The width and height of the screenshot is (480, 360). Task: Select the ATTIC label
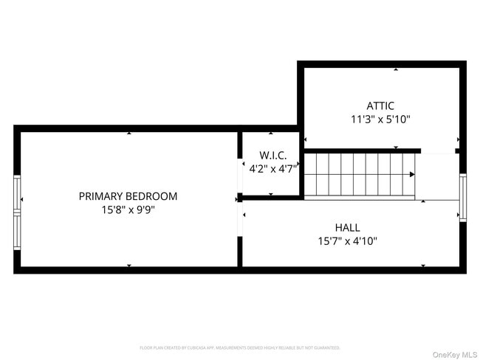(x=380, y=105)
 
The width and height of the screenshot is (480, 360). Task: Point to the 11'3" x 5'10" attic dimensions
(x=380, y=119)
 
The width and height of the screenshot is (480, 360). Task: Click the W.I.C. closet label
(x=272, y=155)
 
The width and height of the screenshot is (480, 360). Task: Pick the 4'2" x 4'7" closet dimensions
(x=272, y=168)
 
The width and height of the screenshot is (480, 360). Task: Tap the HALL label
(x=347, y=227)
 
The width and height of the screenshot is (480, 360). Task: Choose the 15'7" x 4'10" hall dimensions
(x=347, y=240)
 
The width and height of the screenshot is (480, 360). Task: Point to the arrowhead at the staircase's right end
(x=411, y=175)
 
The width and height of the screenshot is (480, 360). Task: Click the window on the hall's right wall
(x=463, y=197)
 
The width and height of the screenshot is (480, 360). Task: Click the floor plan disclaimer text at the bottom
(x=240, y=347)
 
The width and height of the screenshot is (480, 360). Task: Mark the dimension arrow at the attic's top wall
(x=396, y=70)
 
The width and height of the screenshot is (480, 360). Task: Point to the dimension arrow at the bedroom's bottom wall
(x=129, y=266)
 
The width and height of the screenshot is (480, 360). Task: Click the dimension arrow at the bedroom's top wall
(x=129, y=134)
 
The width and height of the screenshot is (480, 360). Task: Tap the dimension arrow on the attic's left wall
(x=305, y=139)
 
